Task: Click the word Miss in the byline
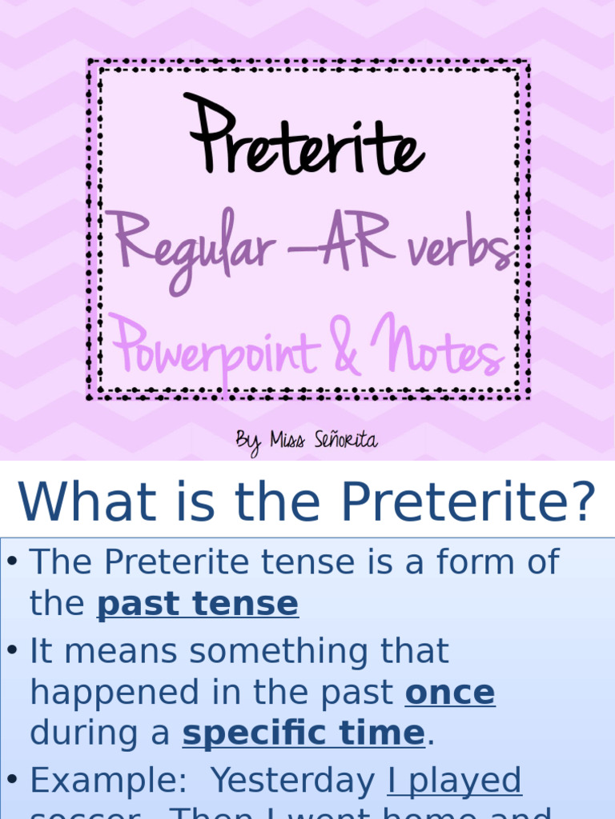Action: tap(287, 439)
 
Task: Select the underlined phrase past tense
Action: tap(198, 604)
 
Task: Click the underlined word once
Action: tap(450, 693)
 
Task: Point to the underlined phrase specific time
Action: tap(303, 733)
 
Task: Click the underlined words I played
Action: tap(455, 781)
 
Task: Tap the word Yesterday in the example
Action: tap(295, 781)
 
